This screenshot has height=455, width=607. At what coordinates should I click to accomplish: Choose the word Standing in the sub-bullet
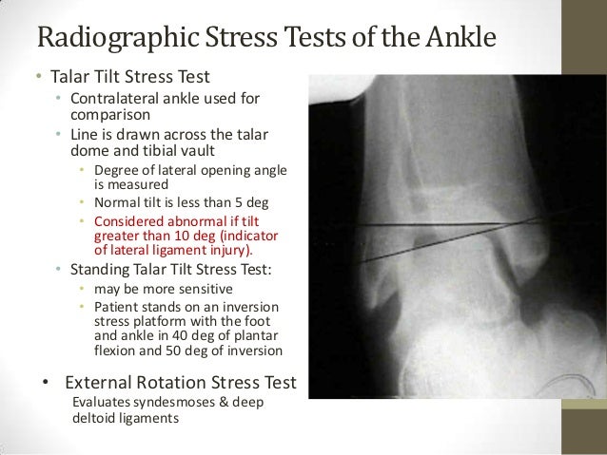coord(100,270)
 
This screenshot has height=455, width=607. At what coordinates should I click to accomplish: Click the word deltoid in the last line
coord(94,417)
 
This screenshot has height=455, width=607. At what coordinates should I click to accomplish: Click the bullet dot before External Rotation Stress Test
coord(43,384)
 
